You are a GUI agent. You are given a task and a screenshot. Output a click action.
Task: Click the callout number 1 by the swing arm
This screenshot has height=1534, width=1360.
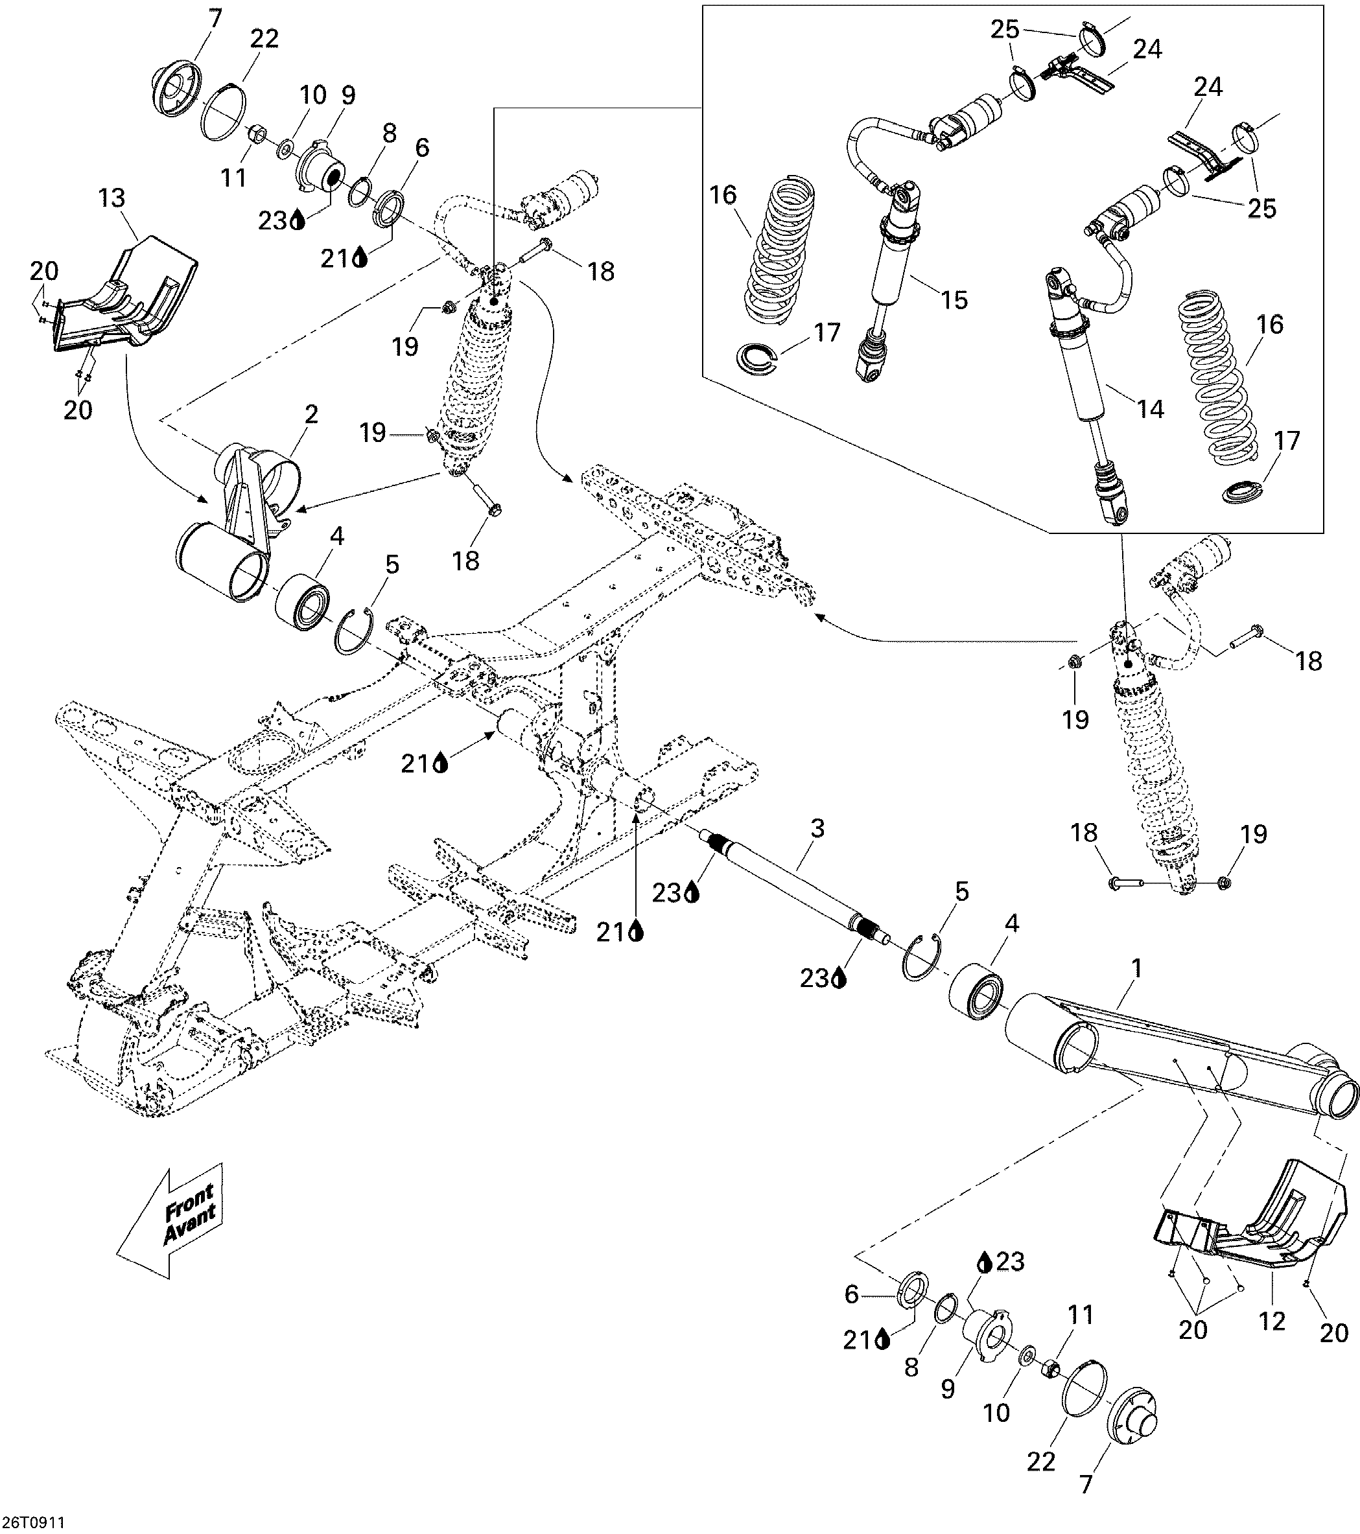click(1136, 969)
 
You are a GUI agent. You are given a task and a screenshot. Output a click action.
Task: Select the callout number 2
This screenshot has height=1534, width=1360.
click(311, 414)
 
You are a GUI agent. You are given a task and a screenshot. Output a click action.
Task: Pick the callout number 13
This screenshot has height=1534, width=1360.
click(112, 199)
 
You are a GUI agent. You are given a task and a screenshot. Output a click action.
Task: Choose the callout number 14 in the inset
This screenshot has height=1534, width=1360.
click(1150, 409)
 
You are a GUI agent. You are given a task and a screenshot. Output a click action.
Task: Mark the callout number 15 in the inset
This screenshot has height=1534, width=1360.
click(954, 299)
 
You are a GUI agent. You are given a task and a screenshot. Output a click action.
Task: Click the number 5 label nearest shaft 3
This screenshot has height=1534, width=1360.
click(962, 892)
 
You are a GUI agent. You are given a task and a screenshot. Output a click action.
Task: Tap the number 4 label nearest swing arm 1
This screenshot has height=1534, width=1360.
click(1012, 924)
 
